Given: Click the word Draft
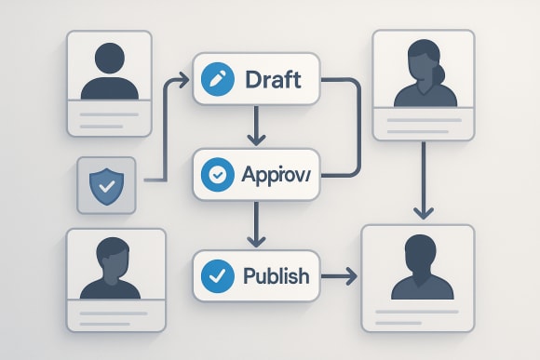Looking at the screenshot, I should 273,80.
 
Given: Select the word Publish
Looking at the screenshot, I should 276,275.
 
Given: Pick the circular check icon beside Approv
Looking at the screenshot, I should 217,174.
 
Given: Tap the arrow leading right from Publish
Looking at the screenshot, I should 336,275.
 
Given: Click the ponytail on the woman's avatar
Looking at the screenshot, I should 439,68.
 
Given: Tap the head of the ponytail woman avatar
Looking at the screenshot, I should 423,58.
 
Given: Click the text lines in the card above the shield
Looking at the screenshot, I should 109,119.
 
